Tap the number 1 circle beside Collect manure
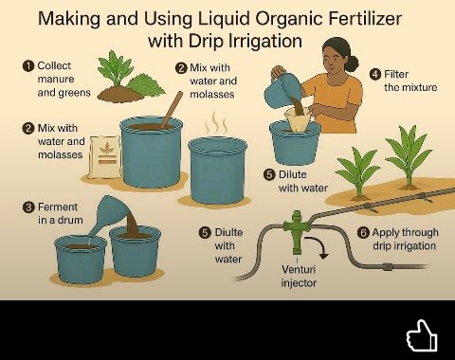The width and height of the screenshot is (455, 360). pos(28,66)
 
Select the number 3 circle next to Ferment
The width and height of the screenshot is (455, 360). pos(28,207)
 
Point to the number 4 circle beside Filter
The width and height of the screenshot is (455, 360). pos(375,74)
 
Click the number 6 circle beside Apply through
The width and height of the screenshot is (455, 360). pos(363,232)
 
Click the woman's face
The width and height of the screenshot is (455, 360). pos(337,59)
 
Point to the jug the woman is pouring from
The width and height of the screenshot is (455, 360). pos(285,90)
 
